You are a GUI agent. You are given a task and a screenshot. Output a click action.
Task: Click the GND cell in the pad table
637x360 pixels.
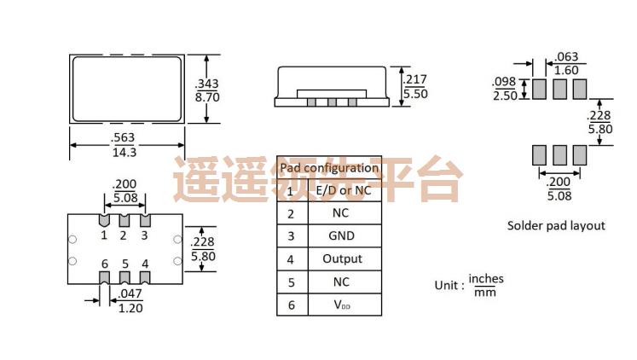342,236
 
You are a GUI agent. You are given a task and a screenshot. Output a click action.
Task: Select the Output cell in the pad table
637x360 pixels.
342,258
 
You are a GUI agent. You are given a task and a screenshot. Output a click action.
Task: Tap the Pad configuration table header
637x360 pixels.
329,168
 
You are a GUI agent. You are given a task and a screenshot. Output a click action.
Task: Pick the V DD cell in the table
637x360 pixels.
342,305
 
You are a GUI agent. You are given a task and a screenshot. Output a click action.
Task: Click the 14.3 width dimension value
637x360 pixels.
125,152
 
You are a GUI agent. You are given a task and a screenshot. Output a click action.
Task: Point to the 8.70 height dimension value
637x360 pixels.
208,98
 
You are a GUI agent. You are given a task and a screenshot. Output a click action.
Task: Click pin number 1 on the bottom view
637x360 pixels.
104,235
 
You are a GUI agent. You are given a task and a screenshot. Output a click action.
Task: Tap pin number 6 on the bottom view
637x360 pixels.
104,264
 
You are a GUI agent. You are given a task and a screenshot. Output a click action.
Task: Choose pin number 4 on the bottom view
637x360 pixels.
145,264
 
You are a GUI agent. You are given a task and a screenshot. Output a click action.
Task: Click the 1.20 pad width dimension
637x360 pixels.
130,307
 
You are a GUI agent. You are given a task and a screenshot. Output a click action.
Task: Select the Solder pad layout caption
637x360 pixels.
556,226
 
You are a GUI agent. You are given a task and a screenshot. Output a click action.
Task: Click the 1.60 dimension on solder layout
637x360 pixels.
567,71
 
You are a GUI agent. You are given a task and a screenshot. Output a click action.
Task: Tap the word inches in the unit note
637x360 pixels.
486,279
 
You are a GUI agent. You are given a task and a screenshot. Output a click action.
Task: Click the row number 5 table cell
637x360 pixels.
291,282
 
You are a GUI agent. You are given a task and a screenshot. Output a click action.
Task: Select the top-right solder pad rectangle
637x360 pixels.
580,88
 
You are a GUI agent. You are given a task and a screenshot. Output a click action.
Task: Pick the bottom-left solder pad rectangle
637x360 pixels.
539,154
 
